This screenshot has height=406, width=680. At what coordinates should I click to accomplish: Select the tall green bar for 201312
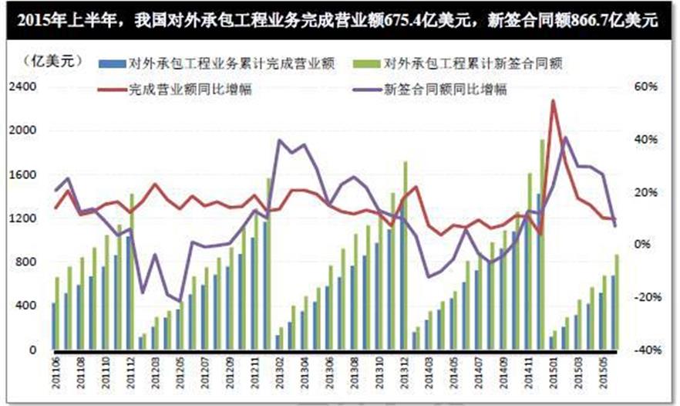coord(405,255)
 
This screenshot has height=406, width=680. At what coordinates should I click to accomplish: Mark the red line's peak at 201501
coord(553,101)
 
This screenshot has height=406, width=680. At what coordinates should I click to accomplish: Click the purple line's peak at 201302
coord(278,140)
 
